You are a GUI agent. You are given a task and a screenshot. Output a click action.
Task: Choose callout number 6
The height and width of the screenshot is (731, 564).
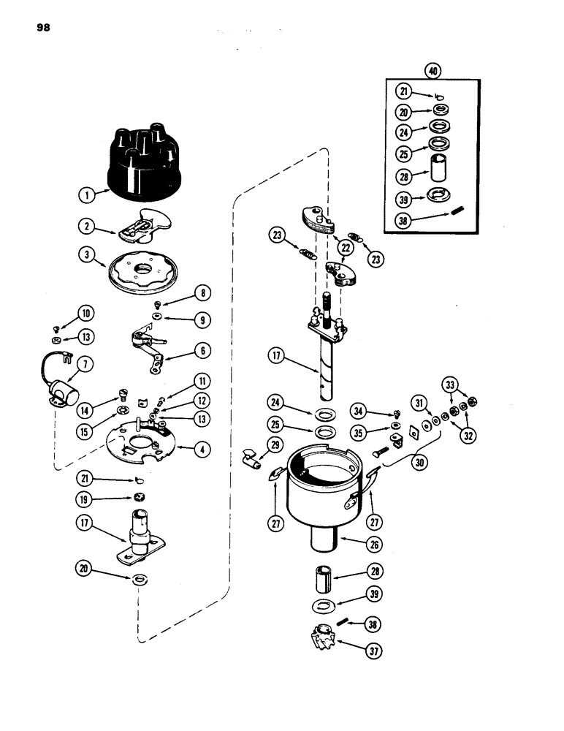(x=205, y=351)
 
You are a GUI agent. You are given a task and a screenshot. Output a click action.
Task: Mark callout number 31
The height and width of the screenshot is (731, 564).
(x=418, y=403)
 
